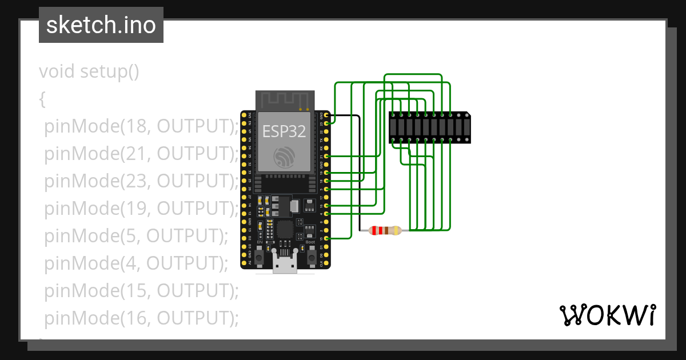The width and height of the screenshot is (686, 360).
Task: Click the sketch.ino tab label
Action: point(101,25)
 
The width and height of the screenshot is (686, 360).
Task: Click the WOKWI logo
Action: point(607,315)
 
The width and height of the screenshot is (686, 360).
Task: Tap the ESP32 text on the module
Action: point(284,131)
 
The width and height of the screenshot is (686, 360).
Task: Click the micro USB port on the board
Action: point(285,265)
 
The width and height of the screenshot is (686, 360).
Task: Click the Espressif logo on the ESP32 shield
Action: point(284,156)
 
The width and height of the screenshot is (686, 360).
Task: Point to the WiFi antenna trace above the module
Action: point(284,100)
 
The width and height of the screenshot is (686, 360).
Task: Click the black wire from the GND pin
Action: point(359,171)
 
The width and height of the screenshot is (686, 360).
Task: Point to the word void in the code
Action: point(57,71)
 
